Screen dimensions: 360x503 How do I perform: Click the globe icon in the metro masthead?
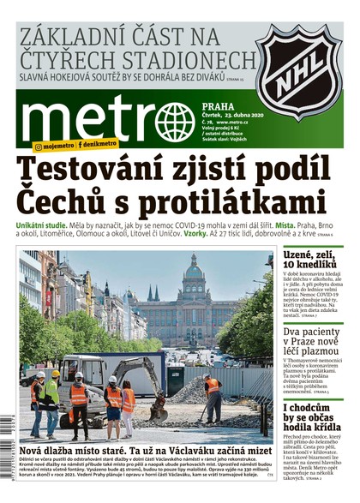176,122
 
